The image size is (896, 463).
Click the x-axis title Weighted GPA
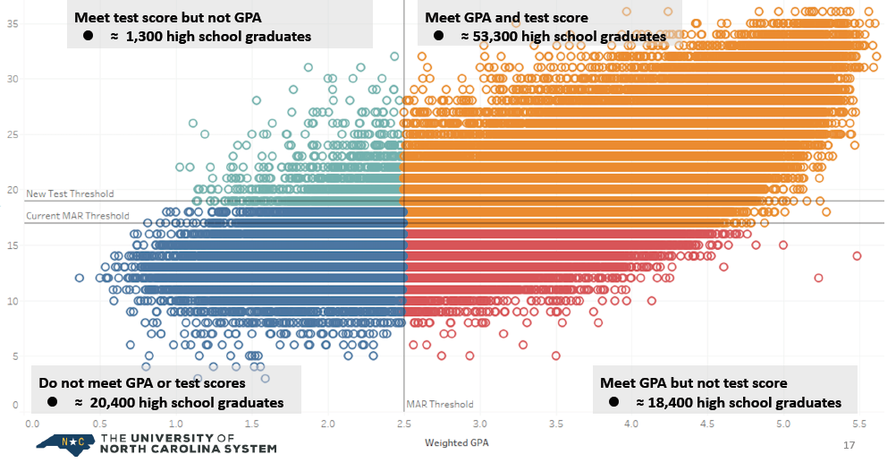tap(457, 442)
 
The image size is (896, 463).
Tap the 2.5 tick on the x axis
tap(404, 424)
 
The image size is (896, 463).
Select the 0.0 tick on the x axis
tap(32, 424)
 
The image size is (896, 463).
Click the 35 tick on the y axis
tap(13, 23)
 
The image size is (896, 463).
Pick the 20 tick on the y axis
tap(13, 190)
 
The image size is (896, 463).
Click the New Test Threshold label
tap(70, 194)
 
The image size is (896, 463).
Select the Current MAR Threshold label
tap(78, 216)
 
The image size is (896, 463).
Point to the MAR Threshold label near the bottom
tap(439, 404)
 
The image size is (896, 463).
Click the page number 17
tap(850, 444)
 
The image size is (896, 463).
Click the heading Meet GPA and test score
tap(506, 18)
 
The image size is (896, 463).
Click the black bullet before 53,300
tap(438, 36)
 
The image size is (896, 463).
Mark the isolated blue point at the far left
tap(79, 278)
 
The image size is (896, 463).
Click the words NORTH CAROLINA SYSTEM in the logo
tap(189, 449)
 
